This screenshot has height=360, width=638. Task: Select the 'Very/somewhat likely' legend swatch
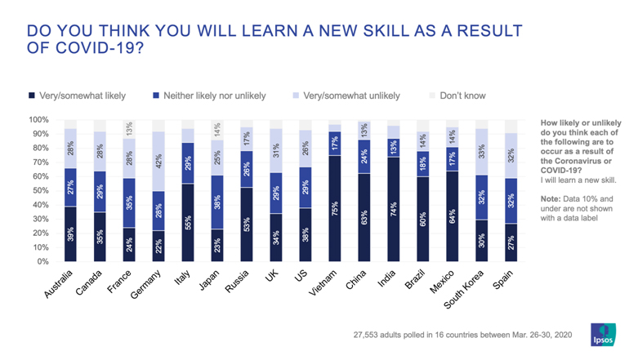point(33,96)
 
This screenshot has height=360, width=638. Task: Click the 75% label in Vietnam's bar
point(335,208)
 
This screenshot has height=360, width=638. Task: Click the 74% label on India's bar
point(395,209)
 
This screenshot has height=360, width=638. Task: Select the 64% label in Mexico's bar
point(453,216)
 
